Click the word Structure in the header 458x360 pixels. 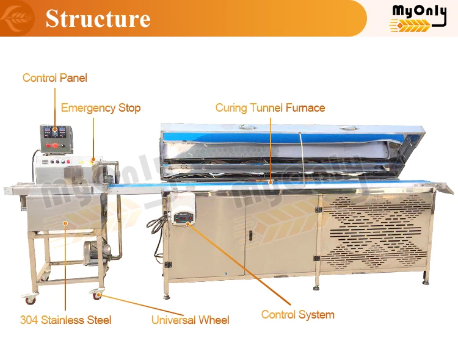[98, 18]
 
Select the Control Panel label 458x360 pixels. [55, 77]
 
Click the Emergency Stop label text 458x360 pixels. [101, 108]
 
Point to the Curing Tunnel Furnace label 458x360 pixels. [270, 108]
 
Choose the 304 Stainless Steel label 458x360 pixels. [65, 320]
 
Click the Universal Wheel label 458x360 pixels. [190, 320]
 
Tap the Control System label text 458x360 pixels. [297, 315]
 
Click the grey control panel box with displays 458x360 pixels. [56, 138]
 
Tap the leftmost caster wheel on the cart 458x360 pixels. [29, 298]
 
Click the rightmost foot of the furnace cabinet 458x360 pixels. [426, 280]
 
